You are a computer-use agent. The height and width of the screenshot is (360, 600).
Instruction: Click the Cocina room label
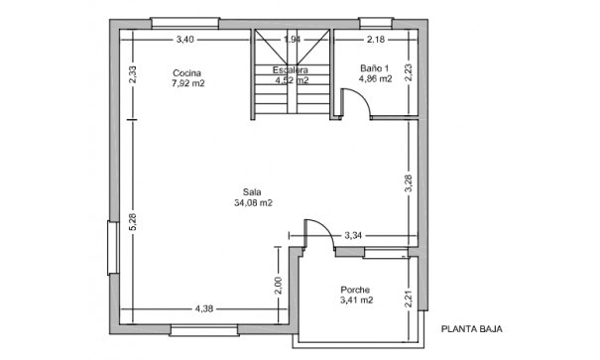click(186, 73)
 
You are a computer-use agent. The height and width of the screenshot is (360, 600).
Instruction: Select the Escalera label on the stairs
click(291, 70)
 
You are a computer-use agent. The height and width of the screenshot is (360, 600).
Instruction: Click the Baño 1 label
click(375, 67)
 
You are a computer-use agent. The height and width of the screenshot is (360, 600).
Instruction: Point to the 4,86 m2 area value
click(375, 78)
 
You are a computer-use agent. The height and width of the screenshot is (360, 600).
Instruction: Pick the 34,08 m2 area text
click(253, 202)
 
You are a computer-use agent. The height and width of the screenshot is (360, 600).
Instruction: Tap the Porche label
click(355, 289)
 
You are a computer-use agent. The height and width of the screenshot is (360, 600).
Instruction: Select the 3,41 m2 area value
click(355, 300)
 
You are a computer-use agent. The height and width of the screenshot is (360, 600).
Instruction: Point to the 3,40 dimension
click(184, 40)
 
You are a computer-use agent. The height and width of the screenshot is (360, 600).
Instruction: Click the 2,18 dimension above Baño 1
click(375, 40)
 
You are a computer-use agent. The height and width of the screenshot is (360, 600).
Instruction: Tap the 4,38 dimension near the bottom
click(204, 307)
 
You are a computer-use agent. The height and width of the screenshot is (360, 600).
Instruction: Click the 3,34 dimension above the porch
click(353, 236)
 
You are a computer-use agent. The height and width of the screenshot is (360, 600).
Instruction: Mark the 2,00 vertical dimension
click(279, 286)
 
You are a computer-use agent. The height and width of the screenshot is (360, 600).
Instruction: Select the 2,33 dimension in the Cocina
click(133, 75)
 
